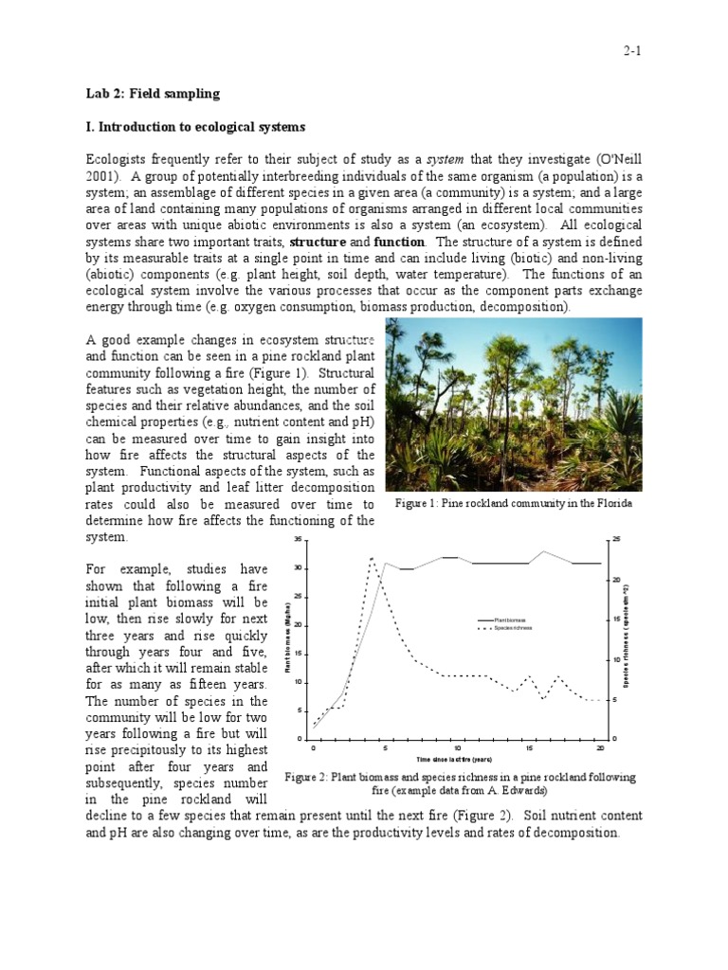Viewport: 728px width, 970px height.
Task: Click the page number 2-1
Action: click(x=633, y=52)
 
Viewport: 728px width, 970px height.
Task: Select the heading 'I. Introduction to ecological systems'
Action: click(x=196, y=127)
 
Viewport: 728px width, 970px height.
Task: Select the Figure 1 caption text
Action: click(x=513, y=504)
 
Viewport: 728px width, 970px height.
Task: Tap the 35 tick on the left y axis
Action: click(x=297, y=540)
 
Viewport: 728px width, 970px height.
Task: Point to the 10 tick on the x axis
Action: click(x=457, y=748)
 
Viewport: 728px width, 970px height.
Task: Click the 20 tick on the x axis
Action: click(x=601, y=748)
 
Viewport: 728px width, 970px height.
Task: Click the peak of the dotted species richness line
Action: click(x=372, y=557)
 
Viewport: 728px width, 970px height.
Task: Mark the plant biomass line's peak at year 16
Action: click(x=543, y=551)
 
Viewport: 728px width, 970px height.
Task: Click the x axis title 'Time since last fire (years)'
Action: click(x=454, y=760)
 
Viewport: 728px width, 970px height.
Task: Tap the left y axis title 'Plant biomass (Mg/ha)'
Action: click(x=285, y=639)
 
